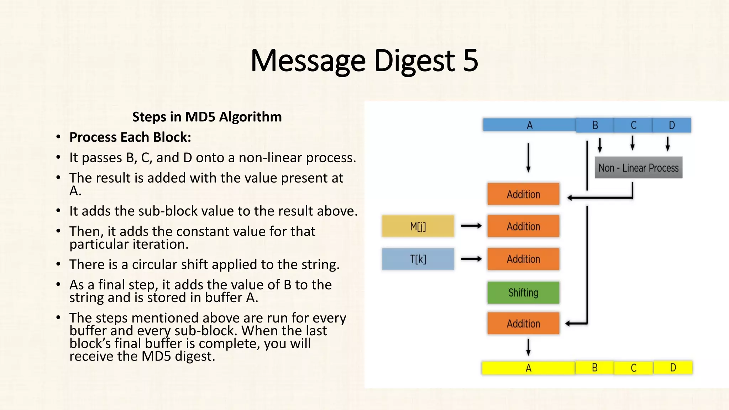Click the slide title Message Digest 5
(364, 61)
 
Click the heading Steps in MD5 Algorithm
(207, 117)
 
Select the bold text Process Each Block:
(130, 137)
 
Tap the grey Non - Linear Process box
(638, 168)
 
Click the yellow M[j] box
(418, 226)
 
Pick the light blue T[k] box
(418, 259)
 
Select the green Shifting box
(523, 293)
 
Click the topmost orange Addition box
(523, 194)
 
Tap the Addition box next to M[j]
(523, 226)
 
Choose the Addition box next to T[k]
(523, 259)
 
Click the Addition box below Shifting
(523, 323)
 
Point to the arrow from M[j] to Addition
(471, 226)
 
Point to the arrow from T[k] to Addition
(471, 259)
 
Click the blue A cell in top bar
(529, 125)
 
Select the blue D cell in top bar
(672, 125)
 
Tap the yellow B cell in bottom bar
(594, 368)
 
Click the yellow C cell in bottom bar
(634, 368)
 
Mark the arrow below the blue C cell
(633, 143)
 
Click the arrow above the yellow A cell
(528, 347)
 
